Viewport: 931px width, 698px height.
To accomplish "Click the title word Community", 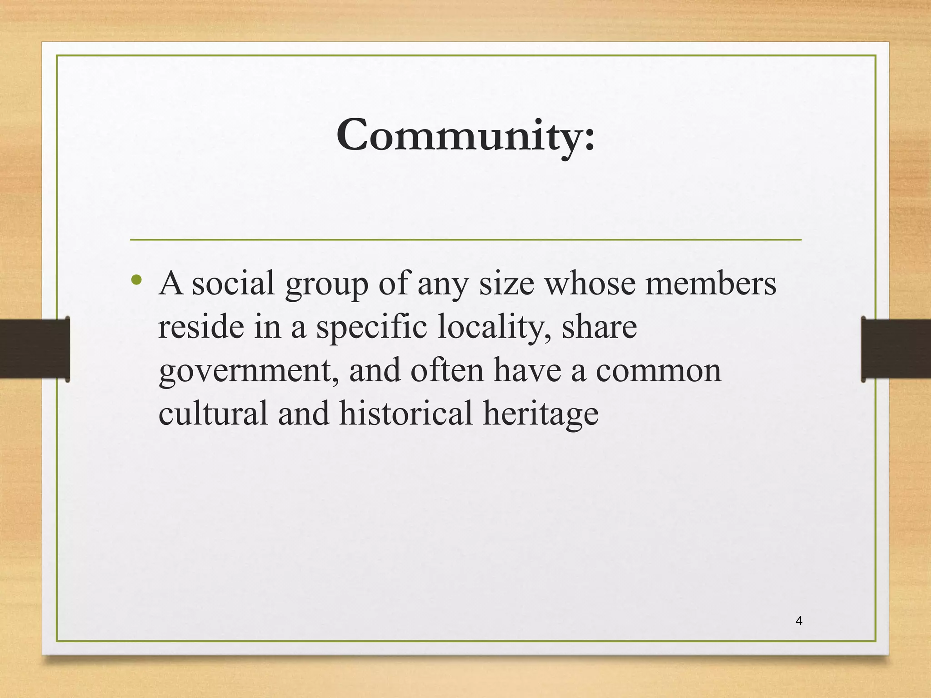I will pyautogui.click(x=465, y=135).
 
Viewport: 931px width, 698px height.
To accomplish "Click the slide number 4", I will pyautogui.click(x=799, y=621).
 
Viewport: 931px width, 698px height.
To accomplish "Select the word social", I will pyautogui.click(x=233, y=284).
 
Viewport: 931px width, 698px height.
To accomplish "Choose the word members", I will pyautogui.click(x=711, y=284).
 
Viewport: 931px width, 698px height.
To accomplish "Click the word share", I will pyautogui.click(x=599, y=327).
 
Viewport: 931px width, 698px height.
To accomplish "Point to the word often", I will pyautogui.click(x=447, y=370).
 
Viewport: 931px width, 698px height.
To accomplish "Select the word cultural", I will pyautogui.click(x=213, y=414).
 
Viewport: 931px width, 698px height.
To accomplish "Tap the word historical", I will pyautogui.click(x=406, y=414).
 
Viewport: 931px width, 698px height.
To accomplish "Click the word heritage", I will pyautogui.click(x=541, y=414).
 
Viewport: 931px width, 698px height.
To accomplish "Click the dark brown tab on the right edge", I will pyautogui.click(x=896, y=349).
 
